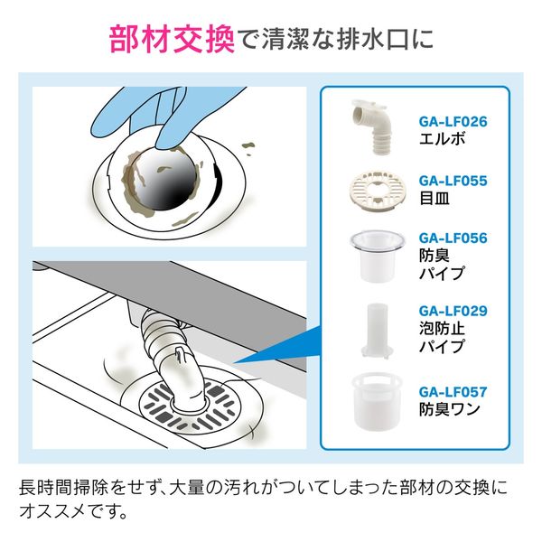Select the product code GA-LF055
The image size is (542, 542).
coord(453,181)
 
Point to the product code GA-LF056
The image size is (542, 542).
coord(453,238)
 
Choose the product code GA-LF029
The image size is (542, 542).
coord(453,311)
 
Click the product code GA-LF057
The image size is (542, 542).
coord(453,392)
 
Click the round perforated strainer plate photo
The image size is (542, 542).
coord(372,190)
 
